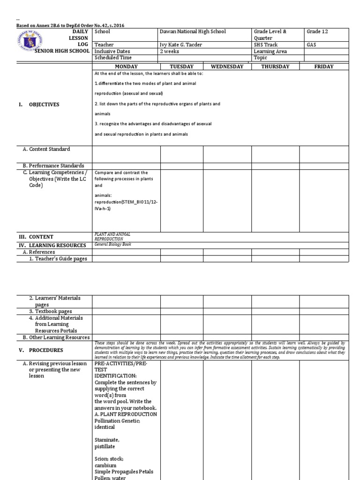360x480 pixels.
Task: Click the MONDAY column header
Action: (x=126, y=67)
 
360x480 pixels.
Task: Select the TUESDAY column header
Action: (x=181, y=67)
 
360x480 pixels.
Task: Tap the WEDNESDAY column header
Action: (x=227, y=67)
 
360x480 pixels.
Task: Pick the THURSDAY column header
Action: (x=275, y=67)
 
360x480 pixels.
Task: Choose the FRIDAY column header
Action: (x=324, y=67)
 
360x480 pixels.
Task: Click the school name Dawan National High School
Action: (x=193, y=31)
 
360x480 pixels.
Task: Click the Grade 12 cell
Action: (x=317, y=31)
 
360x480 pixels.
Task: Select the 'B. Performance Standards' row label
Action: (x=53, y=165)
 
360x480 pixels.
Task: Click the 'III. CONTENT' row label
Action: (x=36, y=237)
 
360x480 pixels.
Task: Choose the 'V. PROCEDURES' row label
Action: (x=40, y=350)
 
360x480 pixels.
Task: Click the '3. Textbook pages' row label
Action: (x=51, y=311)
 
